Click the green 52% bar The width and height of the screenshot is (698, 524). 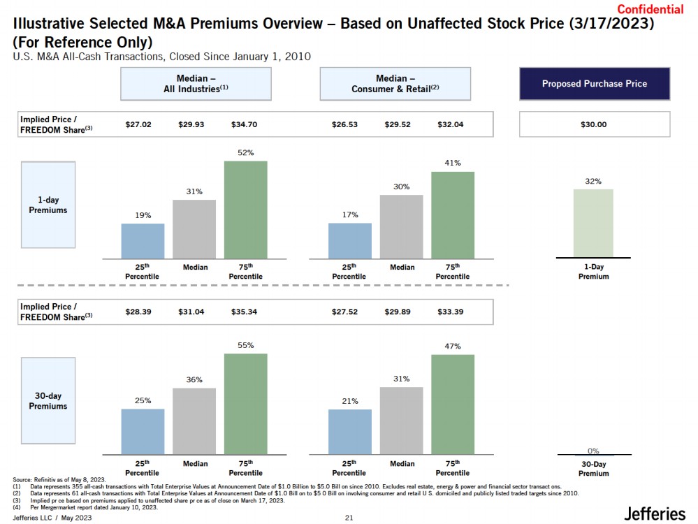coord(245,210)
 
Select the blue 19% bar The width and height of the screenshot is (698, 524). coord(143,241)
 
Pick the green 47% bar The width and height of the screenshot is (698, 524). coord(453,405)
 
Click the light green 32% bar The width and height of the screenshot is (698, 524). coord(593,224)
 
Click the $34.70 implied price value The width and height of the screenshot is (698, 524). coord(244,125)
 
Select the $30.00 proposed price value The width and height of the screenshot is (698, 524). coord(594,125)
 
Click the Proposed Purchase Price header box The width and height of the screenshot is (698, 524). coord(595,84)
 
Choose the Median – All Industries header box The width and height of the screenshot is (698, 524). coord(196,84)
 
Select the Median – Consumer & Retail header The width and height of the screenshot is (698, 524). coord(395,84)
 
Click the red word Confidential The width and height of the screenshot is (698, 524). coord(650,9)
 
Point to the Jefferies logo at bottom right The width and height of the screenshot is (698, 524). coord(655,514)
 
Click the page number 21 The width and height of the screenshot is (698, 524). coord(349,518)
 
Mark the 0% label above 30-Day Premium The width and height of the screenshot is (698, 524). coord(593,451)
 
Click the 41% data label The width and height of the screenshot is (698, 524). coord(453,163)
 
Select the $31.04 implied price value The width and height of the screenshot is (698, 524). coord(191,312)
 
